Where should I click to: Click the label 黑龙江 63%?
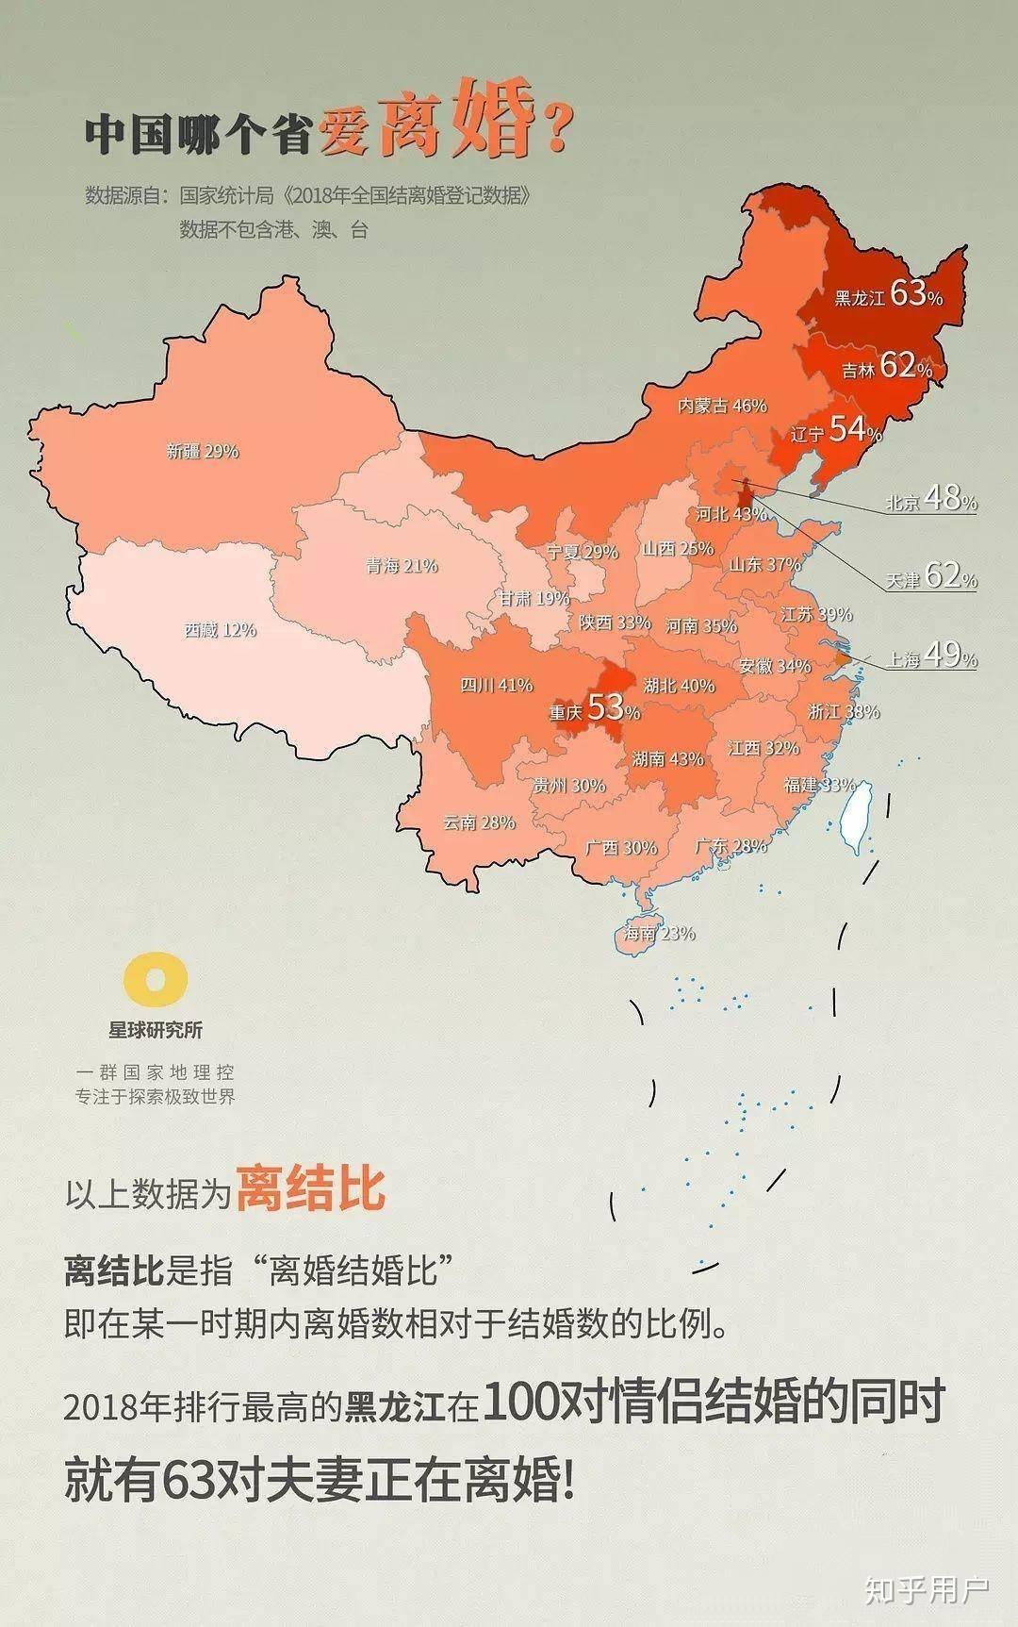[888, 295]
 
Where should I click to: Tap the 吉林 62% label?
[887, 367]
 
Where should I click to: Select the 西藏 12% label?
[220, 630]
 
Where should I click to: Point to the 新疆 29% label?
[203, 452]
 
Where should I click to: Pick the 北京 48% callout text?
[930, 500]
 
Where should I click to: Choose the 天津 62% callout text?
[931, 576]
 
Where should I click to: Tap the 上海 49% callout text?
[931, 657]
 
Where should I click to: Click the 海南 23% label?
[659, 934]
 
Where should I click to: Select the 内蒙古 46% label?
[722, 407]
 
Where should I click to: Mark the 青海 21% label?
[402, 567]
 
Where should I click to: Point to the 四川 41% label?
[496, 686]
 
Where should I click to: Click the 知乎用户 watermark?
[927, 1590]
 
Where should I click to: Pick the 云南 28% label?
[479, 823]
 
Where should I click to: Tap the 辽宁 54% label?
[835, 432]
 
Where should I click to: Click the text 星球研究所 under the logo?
[156, 1030]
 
